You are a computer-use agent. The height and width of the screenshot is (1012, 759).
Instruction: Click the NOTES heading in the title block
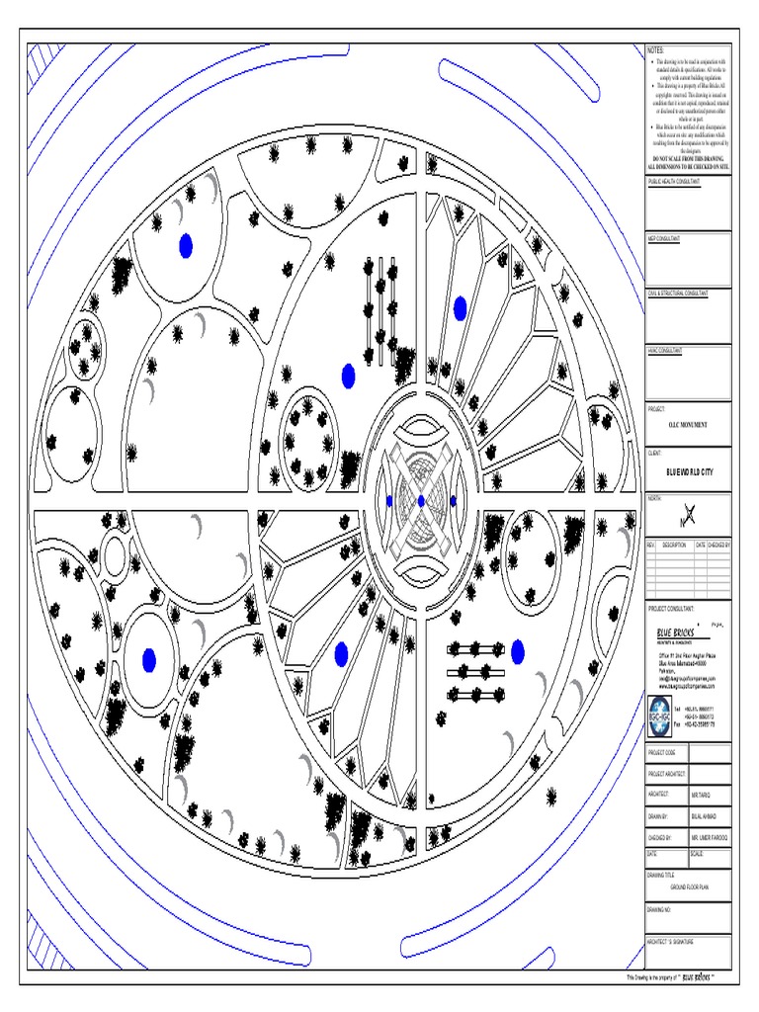pyautogui.click(x=656, y=49)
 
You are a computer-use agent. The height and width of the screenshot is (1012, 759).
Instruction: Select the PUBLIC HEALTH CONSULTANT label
pyautogui.click(x=674, y=183)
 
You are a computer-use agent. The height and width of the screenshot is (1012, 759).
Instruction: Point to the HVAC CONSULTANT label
pyautogui.click(x=665, y=350)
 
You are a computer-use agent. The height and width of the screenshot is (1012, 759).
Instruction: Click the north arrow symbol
pyautogui.click(x=689, y=513)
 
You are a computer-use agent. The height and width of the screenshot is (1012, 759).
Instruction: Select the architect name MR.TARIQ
pyautogui.click(x=700, y=794)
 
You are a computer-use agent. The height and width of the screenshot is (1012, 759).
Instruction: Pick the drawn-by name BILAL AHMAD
pyautogui.click(x=702, y=816)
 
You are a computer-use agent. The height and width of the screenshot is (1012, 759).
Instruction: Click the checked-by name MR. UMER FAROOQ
pyautogui.click(x=707, y=837)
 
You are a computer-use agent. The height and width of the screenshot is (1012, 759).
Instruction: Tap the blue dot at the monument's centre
pyautogui.click(x=421, y=501)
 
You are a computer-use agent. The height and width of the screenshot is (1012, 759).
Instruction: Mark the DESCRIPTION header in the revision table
pyautogui.click(x=674, y=545)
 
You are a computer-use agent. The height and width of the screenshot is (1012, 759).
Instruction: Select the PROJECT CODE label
pyautogui.click(x=662, y=752)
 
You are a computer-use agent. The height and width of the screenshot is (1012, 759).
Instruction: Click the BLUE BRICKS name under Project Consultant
pyautogui.click(x=676, y=632)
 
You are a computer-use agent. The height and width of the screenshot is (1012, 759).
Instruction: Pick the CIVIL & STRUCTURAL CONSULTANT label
pyautogui.click(x=677, y=294)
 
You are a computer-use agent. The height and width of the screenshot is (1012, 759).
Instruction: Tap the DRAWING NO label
pyautogui.click(x=659, y=907)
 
